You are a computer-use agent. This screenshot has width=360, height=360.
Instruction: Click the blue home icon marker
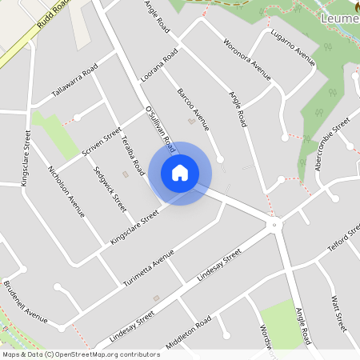[x=180, y=173]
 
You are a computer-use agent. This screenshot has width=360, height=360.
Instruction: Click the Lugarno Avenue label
[x=293, y=46]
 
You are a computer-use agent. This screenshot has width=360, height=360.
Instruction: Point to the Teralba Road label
[x=132, y=154]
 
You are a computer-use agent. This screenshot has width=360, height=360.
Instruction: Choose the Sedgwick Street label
[x=110, y=188]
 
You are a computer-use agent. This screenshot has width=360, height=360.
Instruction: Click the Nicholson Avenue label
[x=66, y=191]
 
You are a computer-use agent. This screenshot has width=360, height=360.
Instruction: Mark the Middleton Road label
[x=188, y=332]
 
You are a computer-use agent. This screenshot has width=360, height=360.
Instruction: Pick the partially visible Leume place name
[x=339, y=18]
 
